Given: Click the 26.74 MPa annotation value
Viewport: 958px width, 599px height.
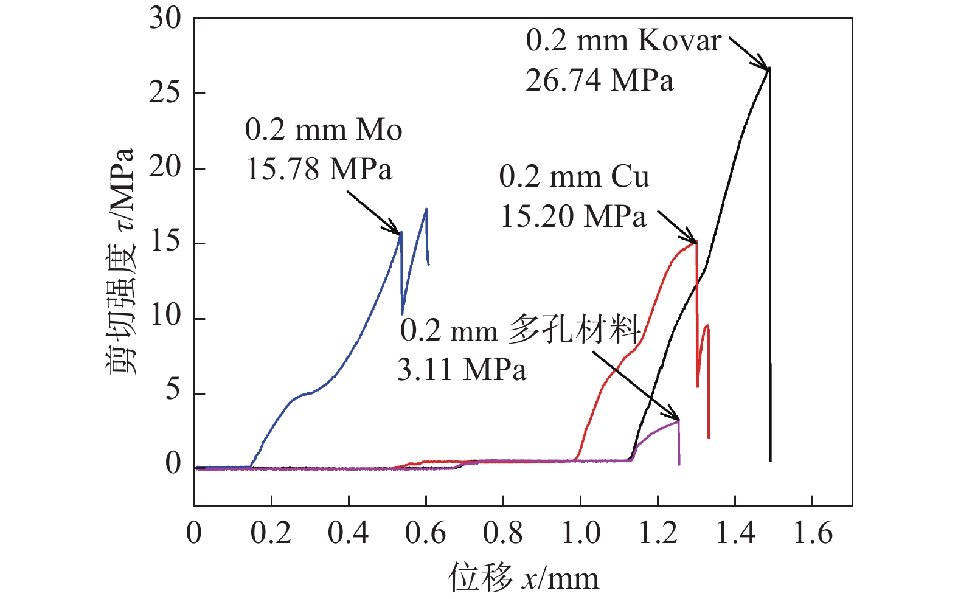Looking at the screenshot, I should tap(599, 80).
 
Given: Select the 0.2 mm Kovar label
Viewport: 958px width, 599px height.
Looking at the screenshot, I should tap(623, 41).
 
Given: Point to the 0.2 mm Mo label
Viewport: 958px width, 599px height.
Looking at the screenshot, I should tap(324, 130).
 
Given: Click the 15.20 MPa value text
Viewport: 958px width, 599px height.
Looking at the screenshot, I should tap(572, 216).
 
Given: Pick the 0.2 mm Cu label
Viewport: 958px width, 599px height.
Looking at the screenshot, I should tap(574, 177).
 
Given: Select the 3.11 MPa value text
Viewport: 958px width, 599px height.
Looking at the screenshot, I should tap(462, 370).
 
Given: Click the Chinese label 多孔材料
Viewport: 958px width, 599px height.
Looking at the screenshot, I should tap(574, 330).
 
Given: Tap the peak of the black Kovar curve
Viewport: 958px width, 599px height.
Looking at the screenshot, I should tap(769, 68).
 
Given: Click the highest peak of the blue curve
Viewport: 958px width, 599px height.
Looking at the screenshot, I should tap(426, 209).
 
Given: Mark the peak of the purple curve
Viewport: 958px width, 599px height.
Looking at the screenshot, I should tap(678, 420).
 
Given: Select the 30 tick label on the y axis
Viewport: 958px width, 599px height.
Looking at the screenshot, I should tap(165, 19).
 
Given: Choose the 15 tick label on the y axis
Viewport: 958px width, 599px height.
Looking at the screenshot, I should tap(165, 243).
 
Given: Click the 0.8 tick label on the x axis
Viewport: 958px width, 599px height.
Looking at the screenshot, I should tap(503, 533).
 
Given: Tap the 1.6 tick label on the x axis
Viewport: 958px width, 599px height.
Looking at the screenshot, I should tap(813, 533).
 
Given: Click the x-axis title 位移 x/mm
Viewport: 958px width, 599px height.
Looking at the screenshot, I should tap(524, 578).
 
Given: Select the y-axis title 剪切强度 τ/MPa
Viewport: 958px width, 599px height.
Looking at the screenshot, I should tap(120, 261).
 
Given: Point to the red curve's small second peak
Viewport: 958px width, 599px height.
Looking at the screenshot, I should tap(706, 325).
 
